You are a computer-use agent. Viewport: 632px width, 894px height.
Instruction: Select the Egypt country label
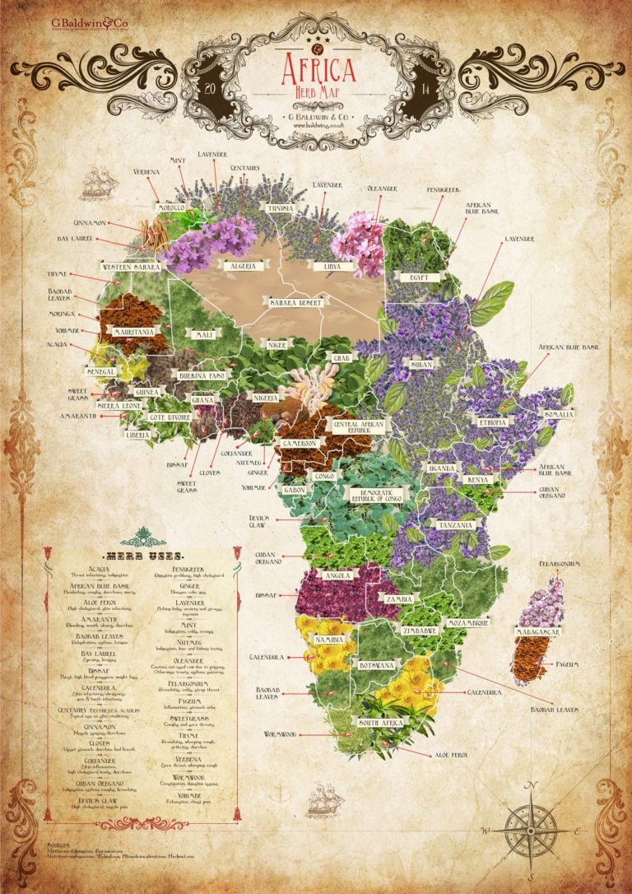[x=419, y=277]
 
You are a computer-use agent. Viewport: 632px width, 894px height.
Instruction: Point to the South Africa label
[x=379, y=722]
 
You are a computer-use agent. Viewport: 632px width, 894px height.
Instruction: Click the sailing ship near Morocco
[x=97, y=181]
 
